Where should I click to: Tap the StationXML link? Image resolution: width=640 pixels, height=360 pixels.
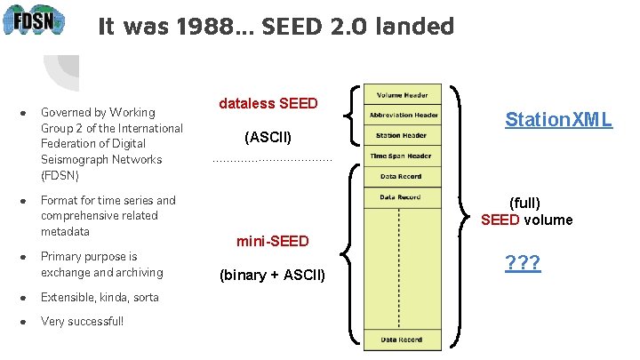[x=558, y=119]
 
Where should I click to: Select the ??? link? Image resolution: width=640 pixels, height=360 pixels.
[x=523, y=263]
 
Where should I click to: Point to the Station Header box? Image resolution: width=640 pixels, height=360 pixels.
[x=401, y=136]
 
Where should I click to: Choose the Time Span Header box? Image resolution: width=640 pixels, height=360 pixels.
[x=401, y=156]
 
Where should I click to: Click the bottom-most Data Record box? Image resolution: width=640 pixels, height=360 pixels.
[x=401, y=340]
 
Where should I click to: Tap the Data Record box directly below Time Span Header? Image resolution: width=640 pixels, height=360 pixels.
[x=401, y=176]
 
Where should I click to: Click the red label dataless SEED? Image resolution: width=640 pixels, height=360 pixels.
[x=268, y=103]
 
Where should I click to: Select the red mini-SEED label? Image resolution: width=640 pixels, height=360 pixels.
[x=272, y=241]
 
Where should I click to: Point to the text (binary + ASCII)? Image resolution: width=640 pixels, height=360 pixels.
[x=272, y=275]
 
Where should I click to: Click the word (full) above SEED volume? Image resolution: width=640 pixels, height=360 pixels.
[x=524, y=203]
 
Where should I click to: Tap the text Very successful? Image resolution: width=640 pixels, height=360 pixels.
[x=83, y=321]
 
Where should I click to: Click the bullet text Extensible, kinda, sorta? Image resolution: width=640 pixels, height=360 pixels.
[x=100, y=297]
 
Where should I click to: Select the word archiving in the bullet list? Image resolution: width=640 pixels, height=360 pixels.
[x=138, y=272]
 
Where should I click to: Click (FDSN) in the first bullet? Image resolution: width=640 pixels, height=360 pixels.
[x=60, y=175]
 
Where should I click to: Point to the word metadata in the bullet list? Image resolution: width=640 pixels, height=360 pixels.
[x=65, y=231]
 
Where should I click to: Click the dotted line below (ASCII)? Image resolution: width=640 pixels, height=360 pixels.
[x=272, y=161]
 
